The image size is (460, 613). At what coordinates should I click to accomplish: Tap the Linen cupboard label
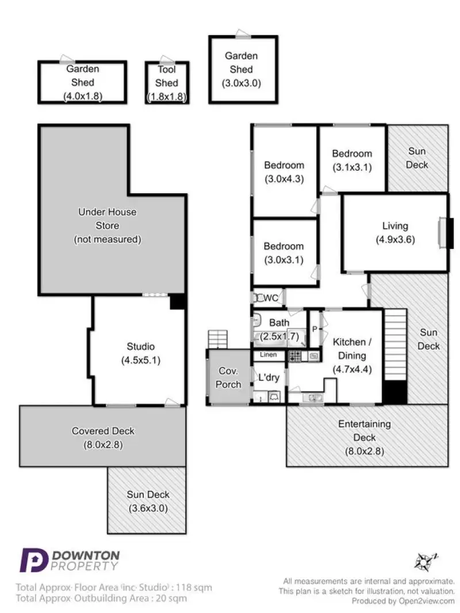269,355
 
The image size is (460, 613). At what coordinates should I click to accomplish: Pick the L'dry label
269,378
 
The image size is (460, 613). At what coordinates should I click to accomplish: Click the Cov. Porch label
228,377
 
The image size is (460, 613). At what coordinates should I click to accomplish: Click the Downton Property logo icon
33,560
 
